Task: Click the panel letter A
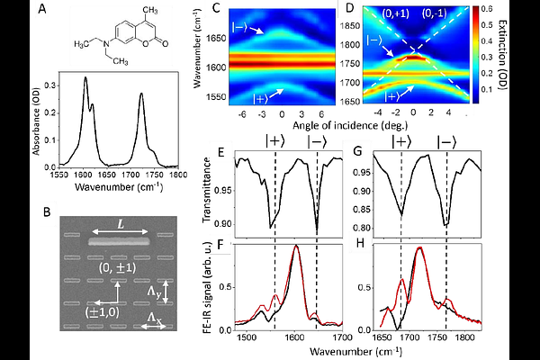[42, 9]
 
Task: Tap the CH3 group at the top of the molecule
[150, 10]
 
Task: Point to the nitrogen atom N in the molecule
[107, 44]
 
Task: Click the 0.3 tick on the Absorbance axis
[51, 85]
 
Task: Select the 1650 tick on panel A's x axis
[107, 175]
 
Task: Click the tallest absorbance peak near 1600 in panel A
[85, 78]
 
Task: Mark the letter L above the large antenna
[121, 225]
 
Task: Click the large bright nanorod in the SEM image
[119, 241]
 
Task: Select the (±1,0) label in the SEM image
[103, 312]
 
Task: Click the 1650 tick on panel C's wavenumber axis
[216, 38]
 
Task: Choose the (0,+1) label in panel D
[395, 13]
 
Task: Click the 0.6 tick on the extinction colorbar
[487, 9]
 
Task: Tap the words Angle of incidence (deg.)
[350, 125]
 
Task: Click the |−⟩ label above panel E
[317, 141]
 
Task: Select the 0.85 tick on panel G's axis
[361, 210]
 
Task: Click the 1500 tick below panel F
[246, 337]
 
